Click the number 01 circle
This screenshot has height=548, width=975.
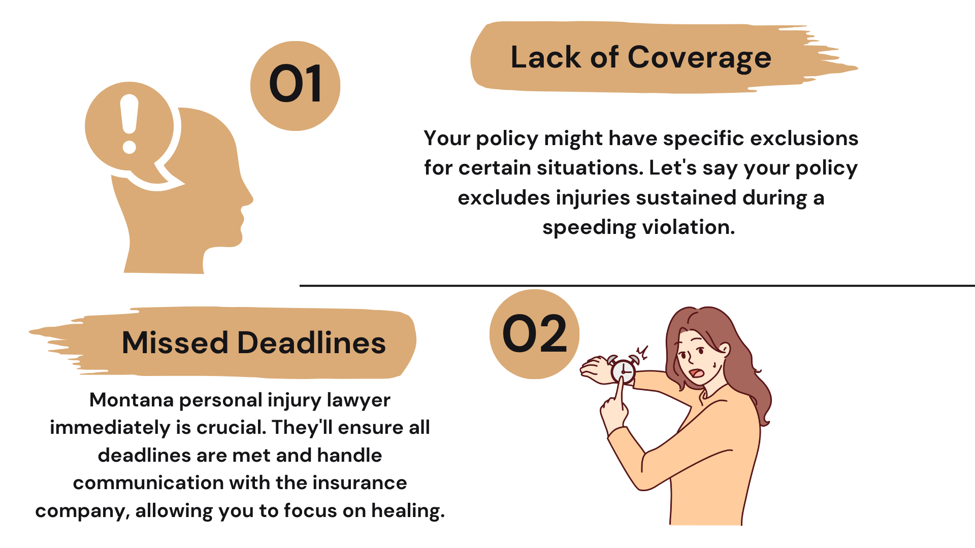click(295, 86)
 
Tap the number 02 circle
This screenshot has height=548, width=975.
click(534, 334)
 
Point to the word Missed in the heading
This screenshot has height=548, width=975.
click(175, 342)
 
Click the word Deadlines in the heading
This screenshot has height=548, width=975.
click(311, 342)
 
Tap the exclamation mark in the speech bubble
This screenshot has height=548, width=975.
click(129, 124)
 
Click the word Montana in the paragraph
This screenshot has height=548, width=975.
click(132, 400)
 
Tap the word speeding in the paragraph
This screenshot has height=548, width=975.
click(589, 227)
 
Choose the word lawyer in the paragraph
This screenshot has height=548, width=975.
click(359, 401)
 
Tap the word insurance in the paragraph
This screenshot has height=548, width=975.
click(360, 483)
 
